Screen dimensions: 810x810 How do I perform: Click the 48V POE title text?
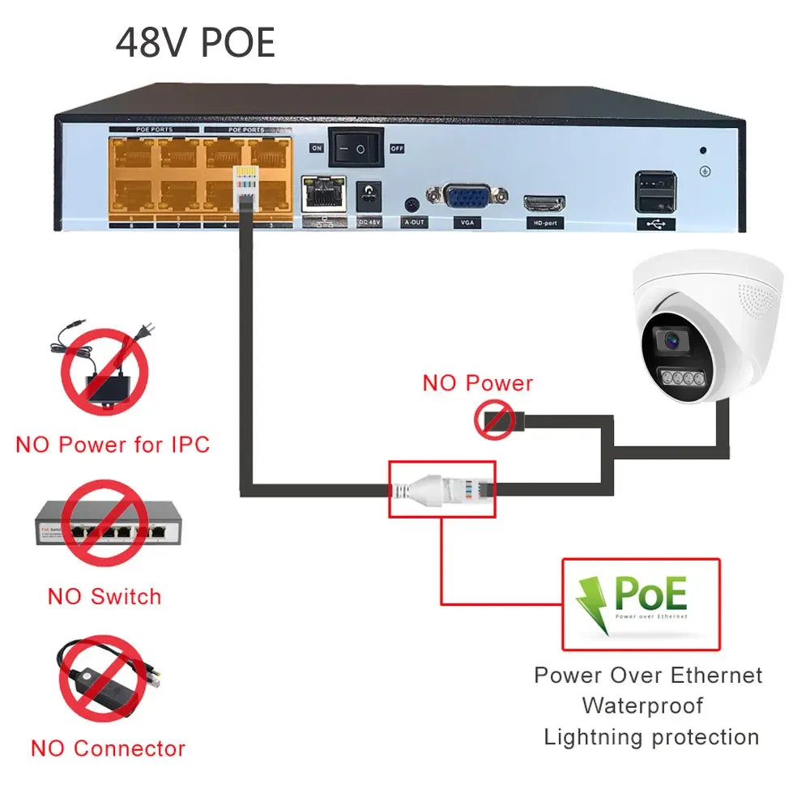[195, 42]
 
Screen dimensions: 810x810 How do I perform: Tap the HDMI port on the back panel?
[544, 202]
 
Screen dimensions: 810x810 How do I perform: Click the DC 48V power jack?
[369, 195]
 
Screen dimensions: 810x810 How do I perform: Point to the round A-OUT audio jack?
[413, 203]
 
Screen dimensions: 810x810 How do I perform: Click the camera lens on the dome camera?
[672, 341]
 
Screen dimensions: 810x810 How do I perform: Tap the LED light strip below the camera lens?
[680, 378]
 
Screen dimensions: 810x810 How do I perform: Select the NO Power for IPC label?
[113, 444]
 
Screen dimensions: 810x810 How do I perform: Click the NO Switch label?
[104, 597]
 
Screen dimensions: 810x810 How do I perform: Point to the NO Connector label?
[108, 748]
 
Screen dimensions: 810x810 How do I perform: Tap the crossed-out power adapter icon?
[104, 371]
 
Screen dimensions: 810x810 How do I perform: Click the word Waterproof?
[642, 706]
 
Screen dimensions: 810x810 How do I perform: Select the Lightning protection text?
[651, 737]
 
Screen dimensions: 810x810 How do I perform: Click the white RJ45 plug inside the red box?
[441, 488]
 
